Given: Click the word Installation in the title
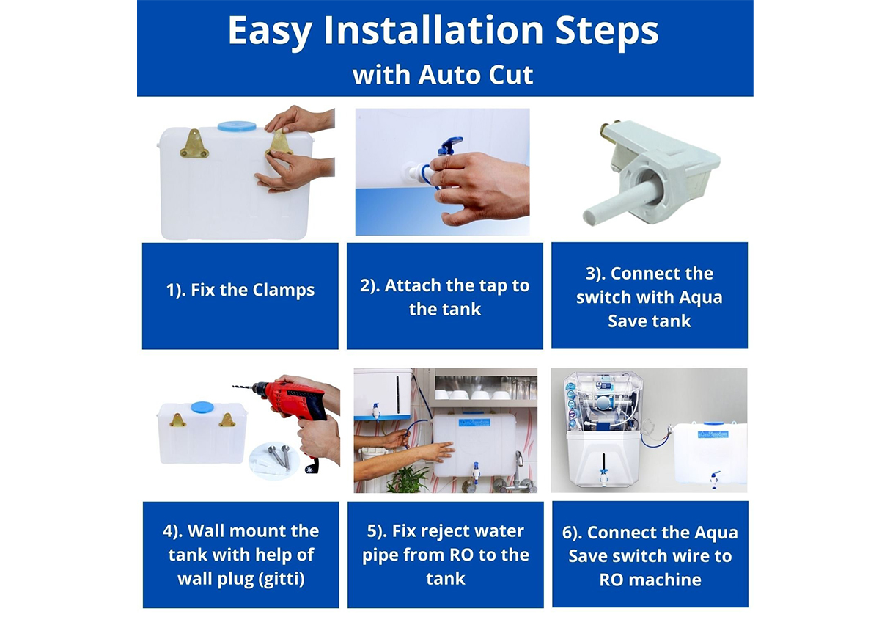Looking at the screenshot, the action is [x=433, y=31].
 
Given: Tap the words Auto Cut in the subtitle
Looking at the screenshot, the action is [x=476, y=75].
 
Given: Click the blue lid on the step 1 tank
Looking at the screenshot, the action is [x=237, y=126].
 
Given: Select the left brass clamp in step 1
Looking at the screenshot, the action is [x=194, y=143].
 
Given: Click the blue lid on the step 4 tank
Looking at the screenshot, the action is [x=202, y=407].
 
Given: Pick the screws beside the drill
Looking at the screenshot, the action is [x=279, y=456].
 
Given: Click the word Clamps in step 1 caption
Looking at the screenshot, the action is [x=283, y=291].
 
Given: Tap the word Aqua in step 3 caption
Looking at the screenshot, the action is [x=700, y=297].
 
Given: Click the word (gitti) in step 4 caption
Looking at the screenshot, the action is [x=281, y=579].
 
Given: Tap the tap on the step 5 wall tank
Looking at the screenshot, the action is [x=475, y=472].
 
